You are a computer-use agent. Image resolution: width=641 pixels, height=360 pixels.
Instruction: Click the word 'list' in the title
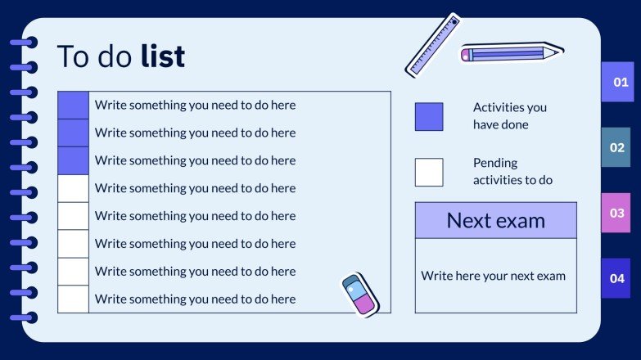click(163, 56)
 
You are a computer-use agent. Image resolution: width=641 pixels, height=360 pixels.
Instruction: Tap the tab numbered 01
click(620, 82)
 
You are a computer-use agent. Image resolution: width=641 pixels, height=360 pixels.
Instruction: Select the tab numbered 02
click(616, 148)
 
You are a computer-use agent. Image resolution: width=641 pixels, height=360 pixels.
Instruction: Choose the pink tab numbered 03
click(616, 214)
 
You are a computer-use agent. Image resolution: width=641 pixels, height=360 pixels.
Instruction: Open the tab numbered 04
click(616, 278)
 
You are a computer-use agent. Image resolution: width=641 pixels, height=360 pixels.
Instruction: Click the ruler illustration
click(432, 44)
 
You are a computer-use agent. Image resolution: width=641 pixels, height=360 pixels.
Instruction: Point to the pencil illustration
click(512, 53)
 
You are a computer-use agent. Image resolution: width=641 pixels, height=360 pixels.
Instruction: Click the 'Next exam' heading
click(495, 220)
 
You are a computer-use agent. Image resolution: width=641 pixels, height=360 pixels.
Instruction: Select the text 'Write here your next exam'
click(493, 276)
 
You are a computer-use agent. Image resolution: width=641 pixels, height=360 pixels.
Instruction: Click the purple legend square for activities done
click(429, 117)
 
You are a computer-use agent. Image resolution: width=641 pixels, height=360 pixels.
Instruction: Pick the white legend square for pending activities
click(429, 172)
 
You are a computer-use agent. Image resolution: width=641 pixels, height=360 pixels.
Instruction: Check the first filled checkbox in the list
click(73, 106)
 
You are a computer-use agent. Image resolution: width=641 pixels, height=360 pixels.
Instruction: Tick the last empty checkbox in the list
click(73, 299)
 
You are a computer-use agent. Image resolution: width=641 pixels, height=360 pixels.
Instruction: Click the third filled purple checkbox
click(73, 160)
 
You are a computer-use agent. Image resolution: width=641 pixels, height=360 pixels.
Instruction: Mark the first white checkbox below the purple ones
click(73, 188)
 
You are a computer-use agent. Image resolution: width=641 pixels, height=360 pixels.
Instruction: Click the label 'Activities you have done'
click(509, 116)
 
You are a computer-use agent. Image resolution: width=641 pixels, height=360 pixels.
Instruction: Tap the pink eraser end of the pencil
click(466, 55)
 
